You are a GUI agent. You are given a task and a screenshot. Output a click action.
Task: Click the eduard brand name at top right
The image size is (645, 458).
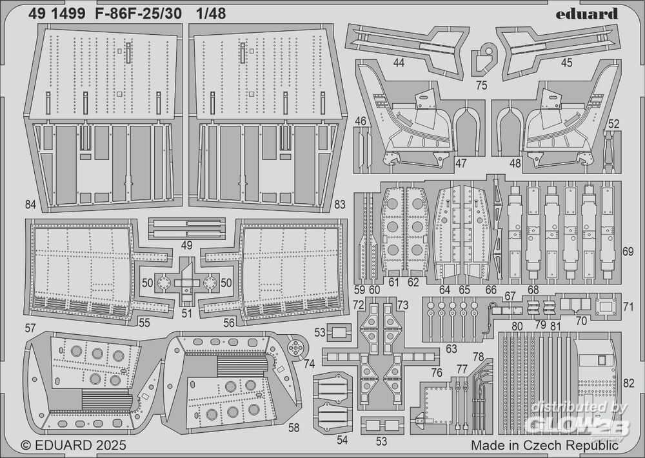pyautogui.click(x=585, y=13)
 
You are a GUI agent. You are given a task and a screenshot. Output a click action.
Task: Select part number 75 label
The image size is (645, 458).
pyautogui.click(x=481, y=85)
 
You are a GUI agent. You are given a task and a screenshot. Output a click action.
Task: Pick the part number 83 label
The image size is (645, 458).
pyautogui.click(x=340, y=205)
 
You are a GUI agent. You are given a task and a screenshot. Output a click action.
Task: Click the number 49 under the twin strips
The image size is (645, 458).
pyautogui.click(x=186, y=244)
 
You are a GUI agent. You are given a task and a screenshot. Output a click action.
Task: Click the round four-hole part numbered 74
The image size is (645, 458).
pyautogui.click(x=295, y=347)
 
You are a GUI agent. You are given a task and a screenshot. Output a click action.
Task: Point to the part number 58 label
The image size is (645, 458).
pyautogui.click(x=294, y=426)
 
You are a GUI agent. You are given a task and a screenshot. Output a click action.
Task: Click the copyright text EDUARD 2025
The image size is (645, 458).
pyautogui.click(x=74, y=445)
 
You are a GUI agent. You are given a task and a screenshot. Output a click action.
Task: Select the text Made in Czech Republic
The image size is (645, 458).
pyautogui.click(x=545, y=445)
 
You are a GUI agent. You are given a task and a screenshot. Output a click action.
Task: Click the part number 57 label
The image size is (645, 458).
pyautogui.click(x=30, y=328)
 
